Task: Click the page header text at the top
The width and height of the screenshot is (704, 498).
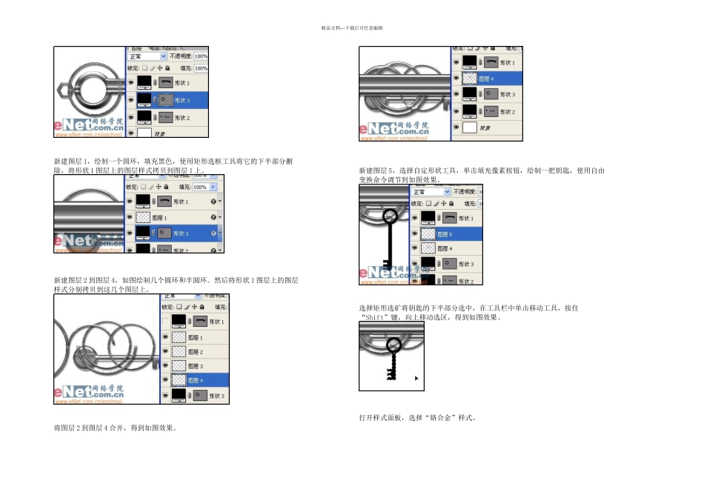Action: [351, 27]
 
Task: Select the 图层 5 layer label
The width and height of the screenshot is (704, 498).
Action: [445, 234]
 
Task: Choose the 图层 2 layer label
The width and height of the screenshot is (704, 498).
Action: [196, 352]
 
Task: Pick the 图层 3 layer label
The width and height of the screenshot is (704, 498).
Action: [196, 366]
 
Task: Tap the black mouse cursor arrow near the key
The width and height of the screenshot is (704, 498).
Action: [416, 378]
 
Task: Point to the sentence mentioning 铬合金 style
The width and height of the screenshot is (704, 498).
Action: [416, 418]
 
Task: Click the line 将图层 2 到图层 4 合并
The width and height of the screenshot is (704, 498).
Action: [114, 428]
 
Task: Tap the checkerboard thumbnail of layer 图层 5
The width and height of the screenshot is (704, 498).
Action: [428, 234]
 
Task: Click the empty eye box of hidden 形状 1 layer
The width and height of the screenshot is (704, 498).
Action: [166, 322]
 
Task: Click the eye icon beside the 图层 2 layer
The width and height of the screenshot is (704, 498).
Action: [166, 352]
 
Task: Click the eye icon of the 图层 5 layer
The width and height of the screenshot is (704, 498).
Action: [415, 234]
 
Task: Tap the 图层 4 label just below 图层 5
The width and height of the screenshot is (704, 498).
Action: [445, 249]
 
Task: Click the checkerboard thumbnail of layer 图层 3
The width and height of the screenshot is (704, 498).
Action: [179, 366]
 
